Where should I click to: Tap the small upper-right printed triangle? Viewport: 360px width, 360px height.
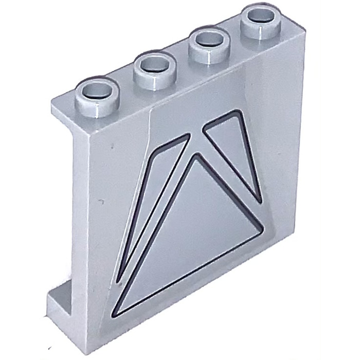[x=235, y=149]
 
